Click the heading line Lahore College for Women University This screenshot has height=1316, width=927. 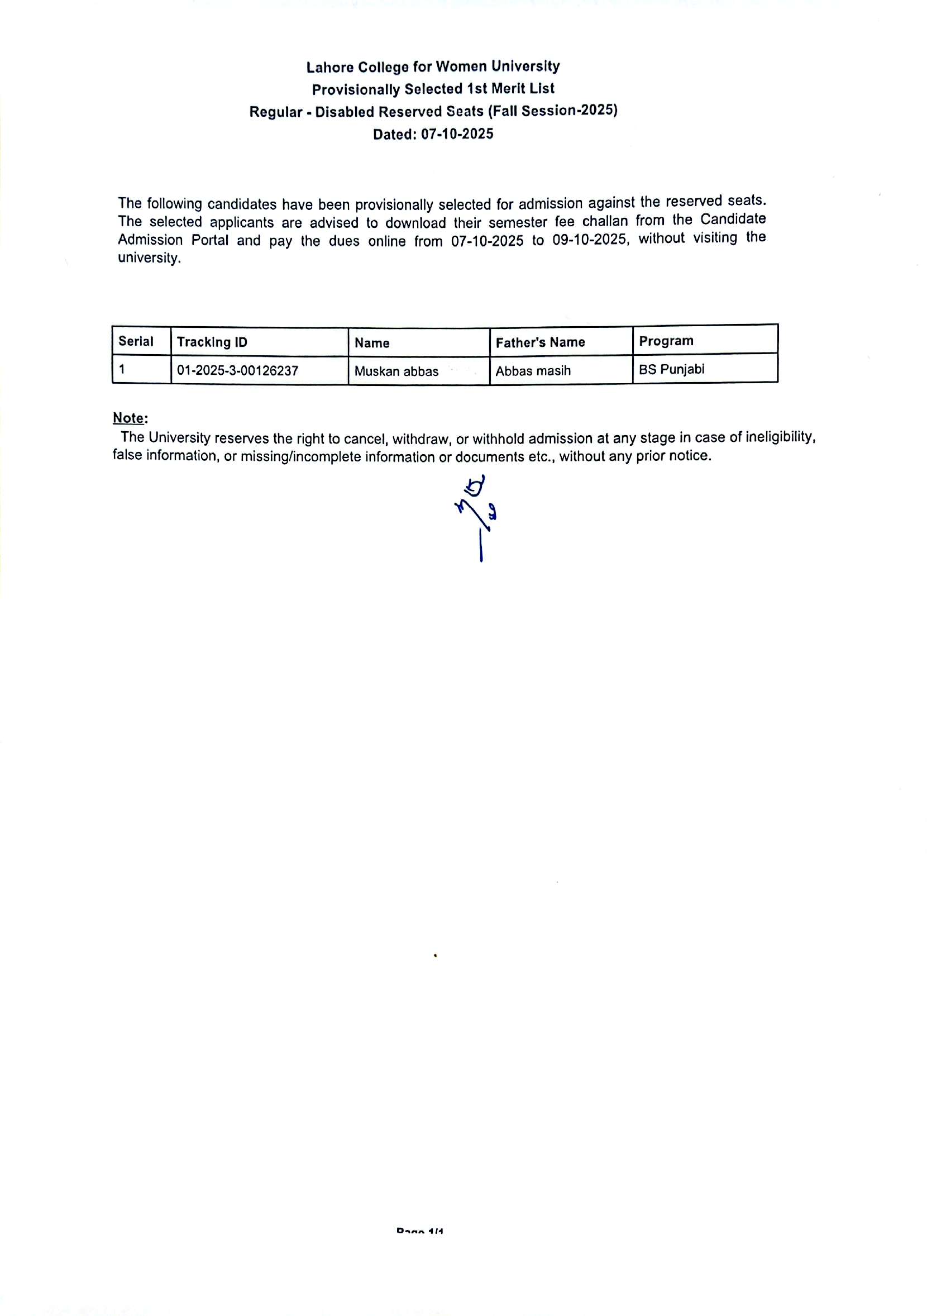(x=433, y=67)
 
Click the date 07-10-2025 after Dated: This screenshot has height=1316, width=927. (x=457, y=134)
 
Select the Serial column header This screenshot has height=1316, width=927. (x=136, y=342)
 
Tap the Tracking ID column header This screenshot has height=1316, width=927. (x=212, y=342)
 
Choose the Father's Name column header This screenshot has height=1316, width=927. (x=539, y=343)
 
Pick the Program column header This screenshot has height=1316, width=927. (x=666, y=341)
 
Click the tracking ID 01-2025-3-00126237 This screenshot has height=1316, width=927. (x=237, y=371)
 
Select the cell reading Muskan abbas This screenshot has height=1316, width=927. (x=396, y=371)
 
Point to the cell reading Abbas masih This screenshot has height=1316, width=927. (x=533, y=371)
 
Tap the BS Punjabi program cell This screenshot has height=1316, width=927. (x=671, y=370)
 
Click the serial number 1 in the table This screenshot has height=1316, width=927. (x=122, y=370)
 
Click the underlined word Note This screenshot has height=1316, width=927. (x=129, y=418)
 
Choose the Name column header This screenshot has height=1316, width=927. (x=372, y=344)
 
